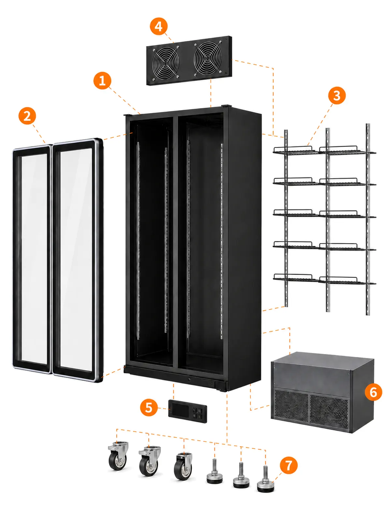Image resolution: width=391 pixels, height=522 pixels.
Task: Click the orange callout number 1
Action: [x=102, y=81]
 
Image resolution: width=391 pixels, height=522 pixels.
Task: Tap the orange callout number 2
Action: [x=27, y=116]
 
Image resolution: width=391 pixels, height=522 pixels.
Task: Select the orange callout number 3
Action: [x=337, y=95]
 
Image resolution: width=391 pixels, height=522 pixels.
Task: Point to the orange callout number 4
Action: [x=159, y=26]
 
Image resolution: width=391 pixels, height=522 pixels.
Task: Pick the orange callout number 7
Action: [x=289, y=465]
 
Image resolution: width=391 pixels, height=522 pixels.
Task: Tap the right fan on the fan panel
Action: [x=208, y=57]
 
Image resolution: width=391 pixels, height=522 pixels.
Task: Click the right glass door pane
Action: [x=78, y=260]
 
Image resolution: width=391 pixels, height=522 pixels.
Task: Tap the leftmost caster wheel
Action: [x=118, y=456]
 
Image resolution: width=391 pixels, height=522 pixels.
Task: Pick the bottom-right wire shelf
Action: [x=347, y=281]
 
